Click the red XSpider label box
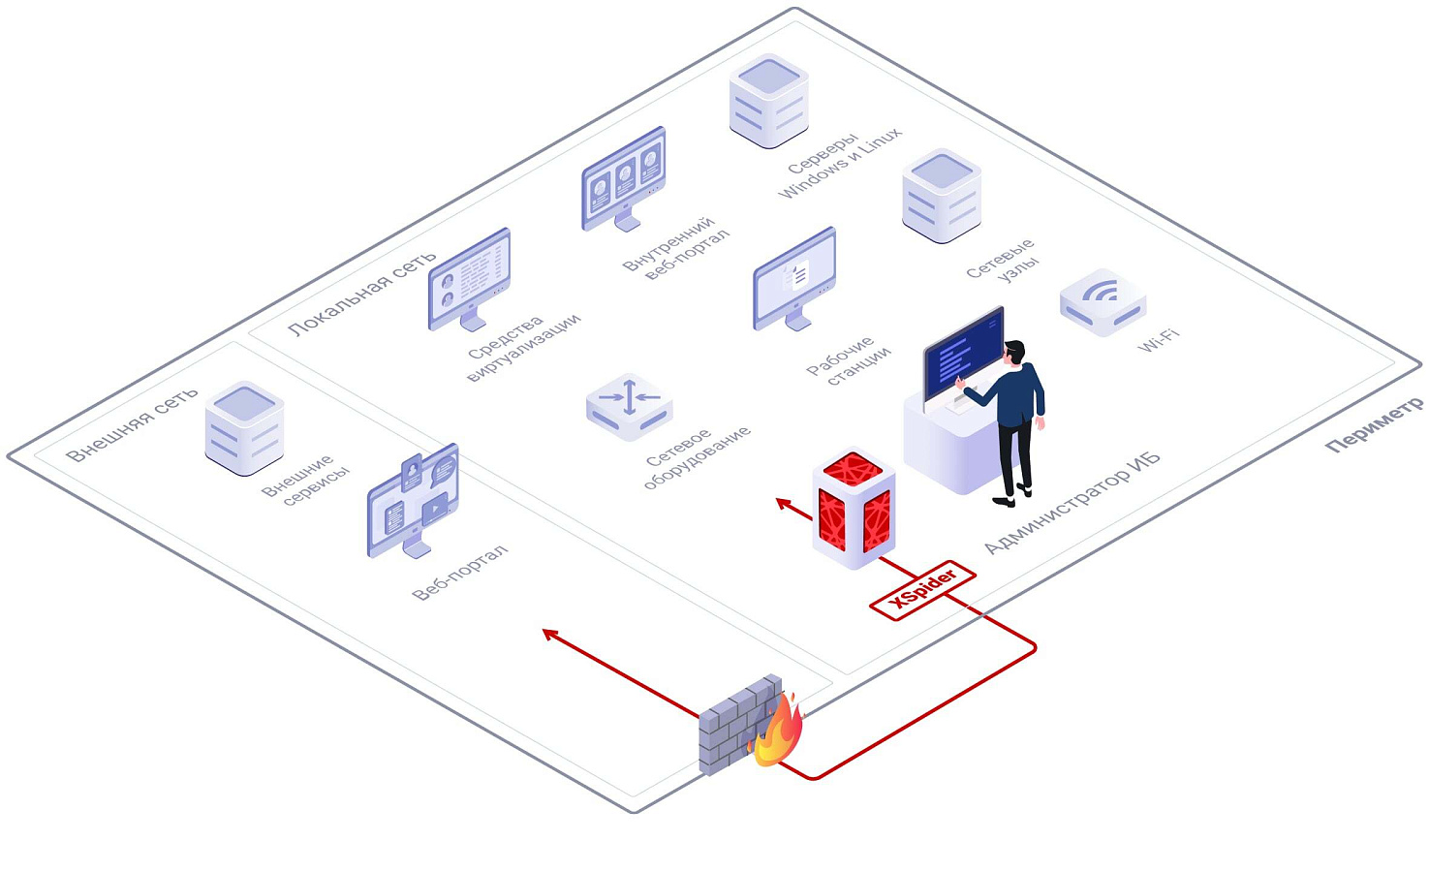[922, 590]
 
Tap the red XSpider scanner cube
[854, 508]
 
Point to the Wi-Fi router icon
[1103, 301]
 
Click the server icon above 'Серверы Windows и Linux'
[768, 101]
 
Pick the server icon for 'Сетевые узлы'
[942, 195]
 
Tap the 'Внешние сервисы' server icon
[244, 428]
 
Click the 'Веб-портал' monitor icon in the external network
[413, 501]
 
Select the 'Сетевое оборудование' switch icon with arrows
[629, 407]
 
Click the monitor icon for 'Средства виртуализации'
[470, 279]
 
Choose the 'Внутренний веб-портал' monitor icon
[624, 179]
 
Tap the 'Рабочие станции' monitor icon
[794, 279]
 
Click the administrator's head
[1013, 353]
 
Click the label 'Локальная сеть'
[361, 294]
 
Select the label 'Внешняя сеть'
[132, 424]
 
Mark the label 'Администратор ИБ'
[1072, 503]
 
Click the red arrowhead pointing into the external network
[549, 634]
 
